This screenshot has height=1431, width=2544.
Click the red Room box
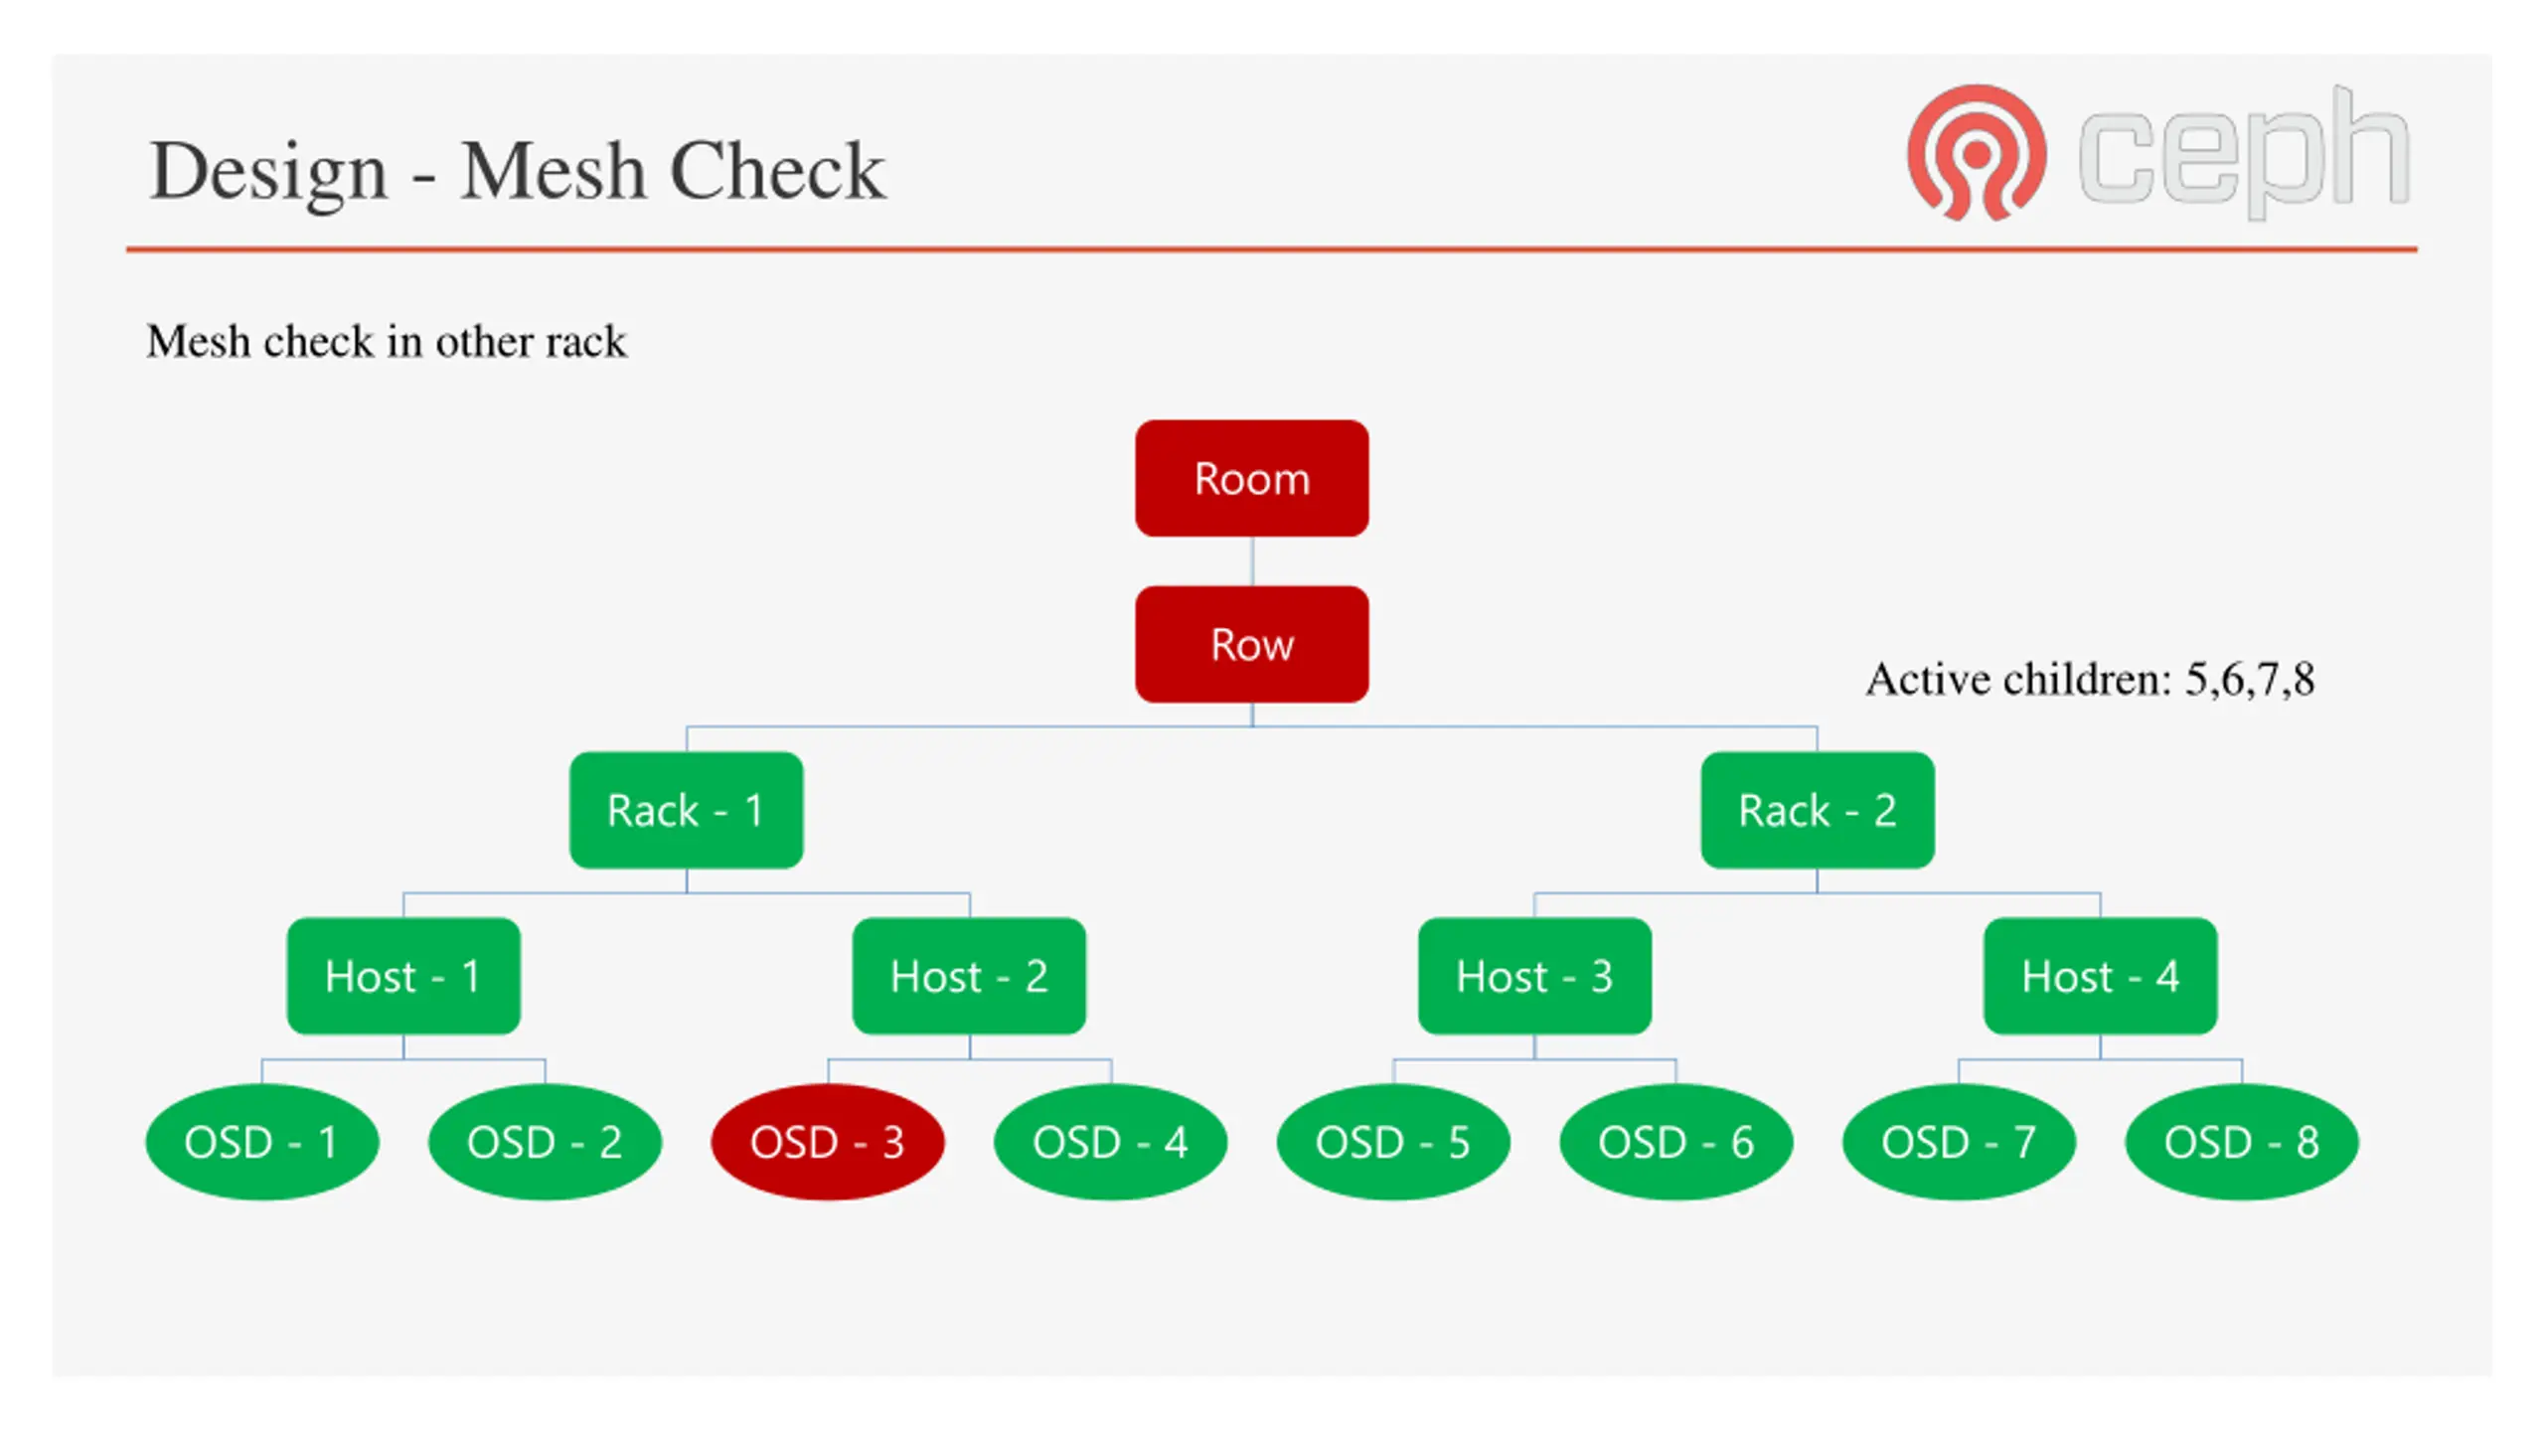tap(1251, 478)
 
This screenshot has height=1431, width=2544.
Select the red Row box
tap(1251, 644)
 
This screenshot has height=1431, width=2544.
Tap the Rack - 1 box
tap(686, 810)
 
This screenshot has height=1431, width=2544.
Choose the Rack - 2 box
tap(1817, 810)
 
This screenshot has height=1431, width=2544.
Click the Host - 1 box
tap(403, 976)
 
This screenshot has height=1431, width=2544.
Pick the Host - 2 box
tap(969, 976)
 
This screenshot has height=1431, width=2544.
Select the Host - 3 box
tap(1534, 976)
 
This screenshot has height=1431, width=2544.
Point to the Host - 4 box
tap(2100, 976)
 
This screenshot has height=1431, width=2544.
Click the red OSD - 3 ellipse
tap(828, 1142)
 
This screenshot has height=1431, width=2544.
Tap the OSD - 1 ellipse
tap(262, 1142)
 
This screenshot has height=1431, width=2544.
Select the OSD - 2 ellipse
tap(545, 1142)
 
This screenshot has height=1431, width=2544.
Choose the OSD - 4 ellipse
tap(1110, 1142)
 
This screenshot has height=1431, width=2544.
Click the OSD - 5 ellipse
tap(1393, 1142)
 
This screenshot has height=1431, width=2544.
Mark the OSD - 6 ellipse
tap(1676, 1142)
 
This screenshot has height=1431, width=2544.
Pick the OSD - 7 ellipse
tap(1959, 1142)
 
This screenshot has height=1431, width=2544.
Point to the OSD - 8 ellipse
tap(2242, 1142)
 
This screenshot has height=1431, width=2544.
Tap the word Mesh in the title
tap(553, 171)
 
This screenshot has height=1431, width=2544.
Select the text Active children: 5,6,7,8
tap(2090, 680)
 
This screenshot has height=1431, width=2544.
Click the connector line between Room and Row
tap(1252, 561)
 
